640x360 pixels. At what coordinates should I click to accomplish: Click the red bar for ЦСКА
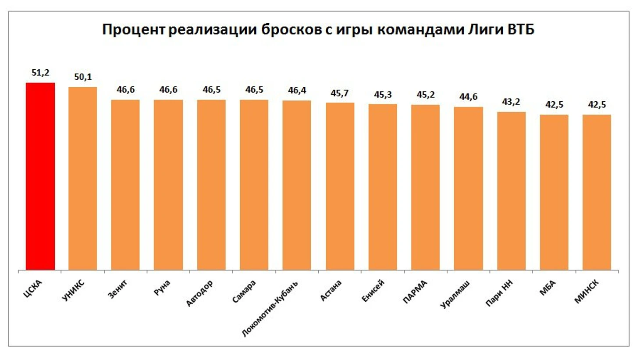[x=40, y=175]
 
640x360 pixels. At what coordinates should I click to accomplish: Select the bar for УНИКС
[x=83, y=178]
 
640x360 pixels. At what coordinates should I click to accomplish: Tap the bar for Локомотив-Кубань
[x=297, y=184]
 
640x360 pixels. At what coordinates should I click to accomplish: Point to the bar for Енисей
[x=383, y=186]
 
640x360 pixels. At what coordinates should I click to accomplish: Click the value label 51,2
[x=40, y=73]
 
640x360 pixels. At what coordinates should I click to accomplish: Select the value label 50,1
[x=83, y=77]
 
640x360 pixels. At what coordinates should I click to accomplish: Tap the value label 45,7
[x=340, y=93]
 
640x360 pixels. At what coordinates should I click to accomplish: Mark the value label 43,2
[x=511, y=102]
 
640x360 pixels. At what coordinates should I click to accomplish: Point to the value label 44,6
[x=468, y=97]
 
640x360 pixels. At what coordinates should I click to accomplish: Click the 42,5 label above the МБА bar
[x=554, y=105]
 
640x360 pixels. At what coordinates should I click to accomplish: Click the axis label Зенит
[x=117, y=289]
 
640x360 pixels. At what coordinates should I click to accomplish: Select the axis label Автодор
[x=199, y=293]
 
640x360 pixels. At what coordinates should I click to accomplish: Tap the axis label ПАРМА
[x=414, y=292]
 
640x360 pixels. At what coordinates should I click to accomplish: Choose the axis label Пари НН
[x=499, y=293]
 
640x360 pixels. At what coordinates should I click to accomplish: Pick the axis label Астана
[x=331, y=291]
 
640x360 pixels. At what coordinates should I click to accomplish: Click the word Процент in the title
[x=133, y=30]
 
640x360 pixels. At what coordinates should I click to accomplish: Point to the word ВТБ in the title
[x=521, y=30]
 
